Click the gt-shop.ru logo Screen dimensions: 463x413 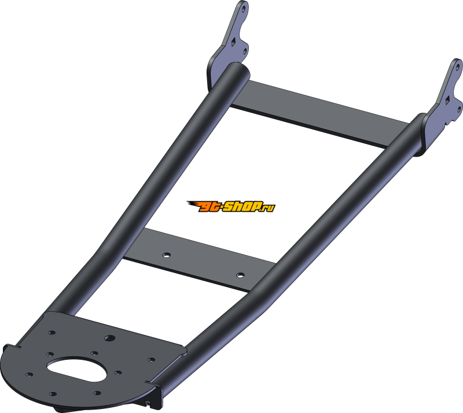click(231, 207)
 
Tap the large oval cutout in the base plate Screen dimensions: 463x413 click(76, 368)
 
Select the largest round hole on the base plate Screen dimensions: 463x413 click(110, 338)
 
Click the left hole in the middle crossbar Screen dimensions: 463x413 click(167, 255)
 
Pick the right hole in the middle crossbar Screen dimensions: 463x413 click(240, 275)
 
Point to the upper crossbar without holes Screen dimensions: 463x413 click(321, 113)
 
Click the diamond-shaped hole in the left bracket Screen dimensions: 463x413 click(233, 42)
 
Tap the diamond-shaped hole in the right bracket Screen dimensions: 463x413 click(448, 100)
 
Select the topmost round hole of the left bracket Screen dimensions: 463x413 click(244, 9)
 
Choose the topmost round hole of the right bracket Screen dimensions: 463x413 click(458, 67)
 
